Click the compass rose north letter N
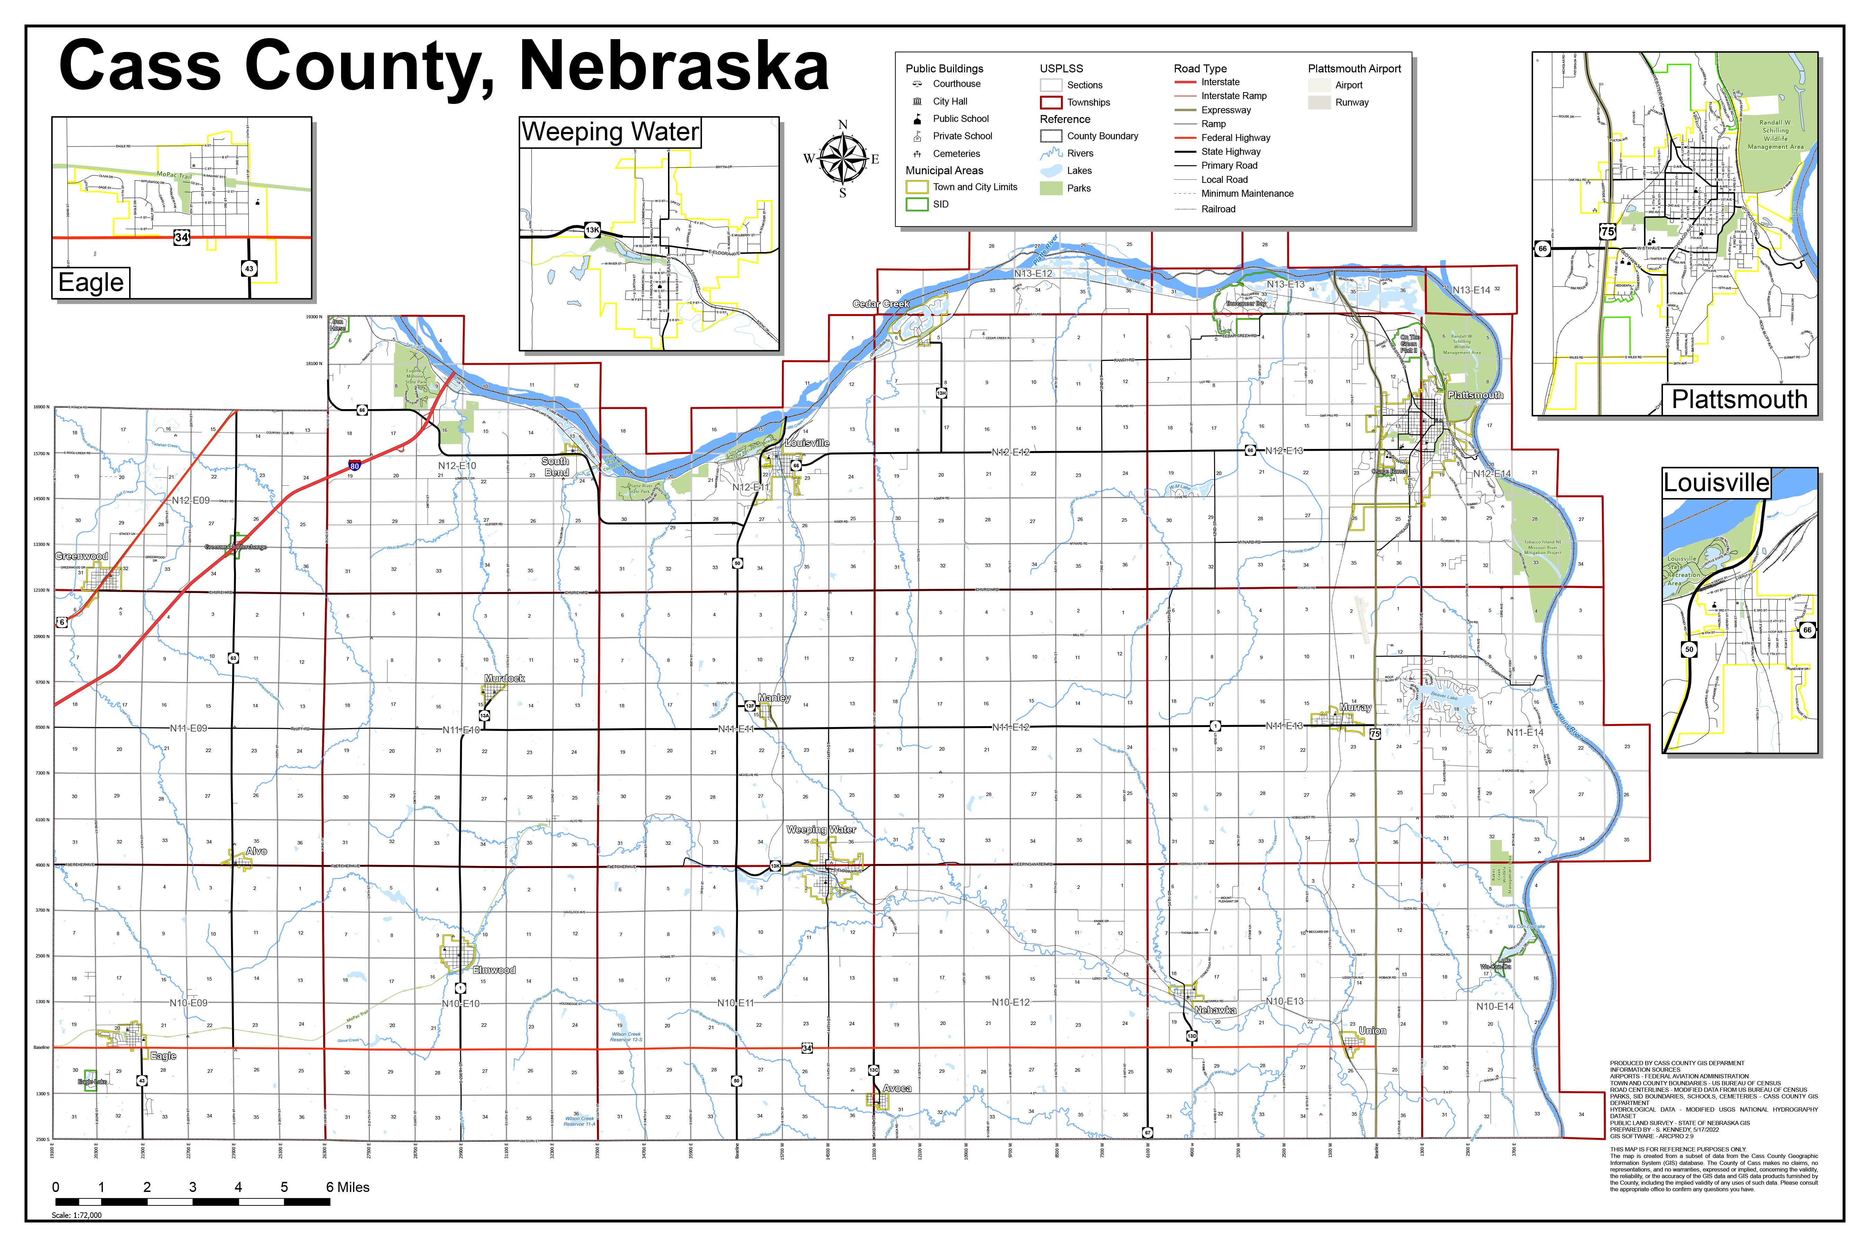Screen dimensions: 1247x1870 pyautogui.click(x=843, y=124)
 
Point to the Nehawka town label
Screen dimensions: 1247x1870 pyautogui.click(x=1215, y=1010)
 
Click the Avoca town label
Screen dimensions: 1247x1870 pyautogui.click(x=897, y=1088)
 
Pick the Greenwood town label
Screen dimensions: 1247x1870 pyautogui.click(x=82, y=556)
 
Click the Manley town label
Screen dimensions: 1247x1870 pyautogui.click(x=774, y=698)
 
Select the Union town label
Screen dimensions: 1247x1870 pyautogui.click(x=1372, y=1031)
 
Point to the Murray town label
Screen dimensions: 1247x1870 pyautogui.click(x=1355, y=707)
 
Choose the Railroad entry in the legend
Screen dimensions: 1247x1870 pyautogui.click(x=1218, y=209)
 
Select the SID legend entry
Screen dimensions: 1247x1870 pyautogui.click(x=941, y=204)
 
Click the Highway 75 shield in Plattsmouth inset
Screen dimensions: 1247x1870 pyautogui.click(x=1607, y=231)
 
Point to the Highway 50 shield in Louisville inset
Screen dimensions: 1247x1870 pyautogui.click(x=1689, y=649)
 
